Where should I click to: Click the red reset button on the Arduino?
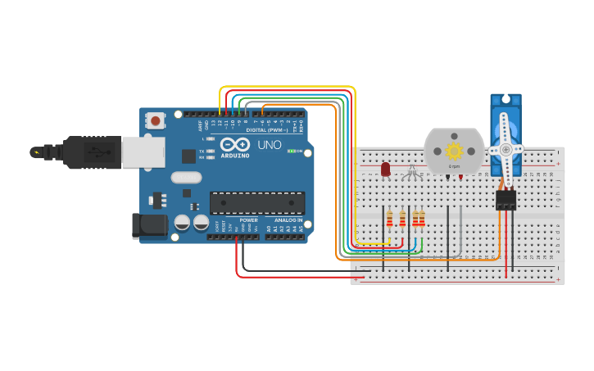(156, 121)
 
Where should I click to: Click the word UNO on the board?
(270, 146)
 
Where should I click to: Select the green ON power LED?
(291, 152)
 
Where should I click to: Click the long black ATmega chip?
(257, 202)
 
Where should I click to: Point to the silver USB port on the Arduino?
(143, 152)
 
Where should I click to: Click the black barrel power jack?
(149, 226)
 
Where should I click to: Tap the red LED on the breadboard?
(386, 169)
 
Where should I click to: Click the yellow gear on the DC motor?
(454, 151)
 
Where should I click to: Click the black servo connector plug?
(506, 199)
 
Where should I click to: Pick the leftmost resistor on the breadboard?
(390, 219)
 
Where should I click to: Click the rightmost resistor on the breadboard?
(422, 219)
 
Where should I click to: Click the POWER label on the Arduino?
(249, 220)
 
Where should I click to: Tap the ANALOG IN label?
(288, 220)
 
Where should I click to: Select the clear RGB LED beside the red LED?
(413, 170)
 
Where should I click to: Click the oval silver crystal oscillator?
(186, 177)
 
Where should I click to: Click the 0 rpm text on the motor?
(454, 166)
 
